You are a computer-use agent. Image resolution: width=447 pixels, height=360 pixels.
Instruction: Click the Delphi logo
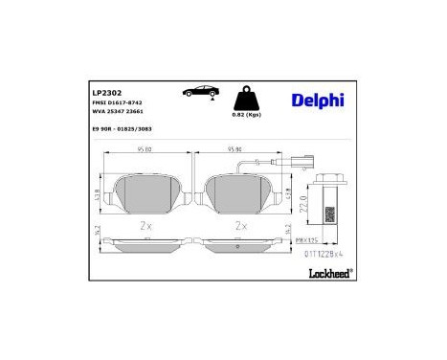(x=313, y=100)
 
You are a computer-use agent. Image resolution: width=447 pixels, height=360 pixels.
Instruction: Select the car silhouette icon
(x=197, y=92)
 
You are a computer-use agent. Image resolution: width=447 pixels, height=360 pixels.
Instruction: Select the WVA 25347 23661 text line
(x=121, y=113)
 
